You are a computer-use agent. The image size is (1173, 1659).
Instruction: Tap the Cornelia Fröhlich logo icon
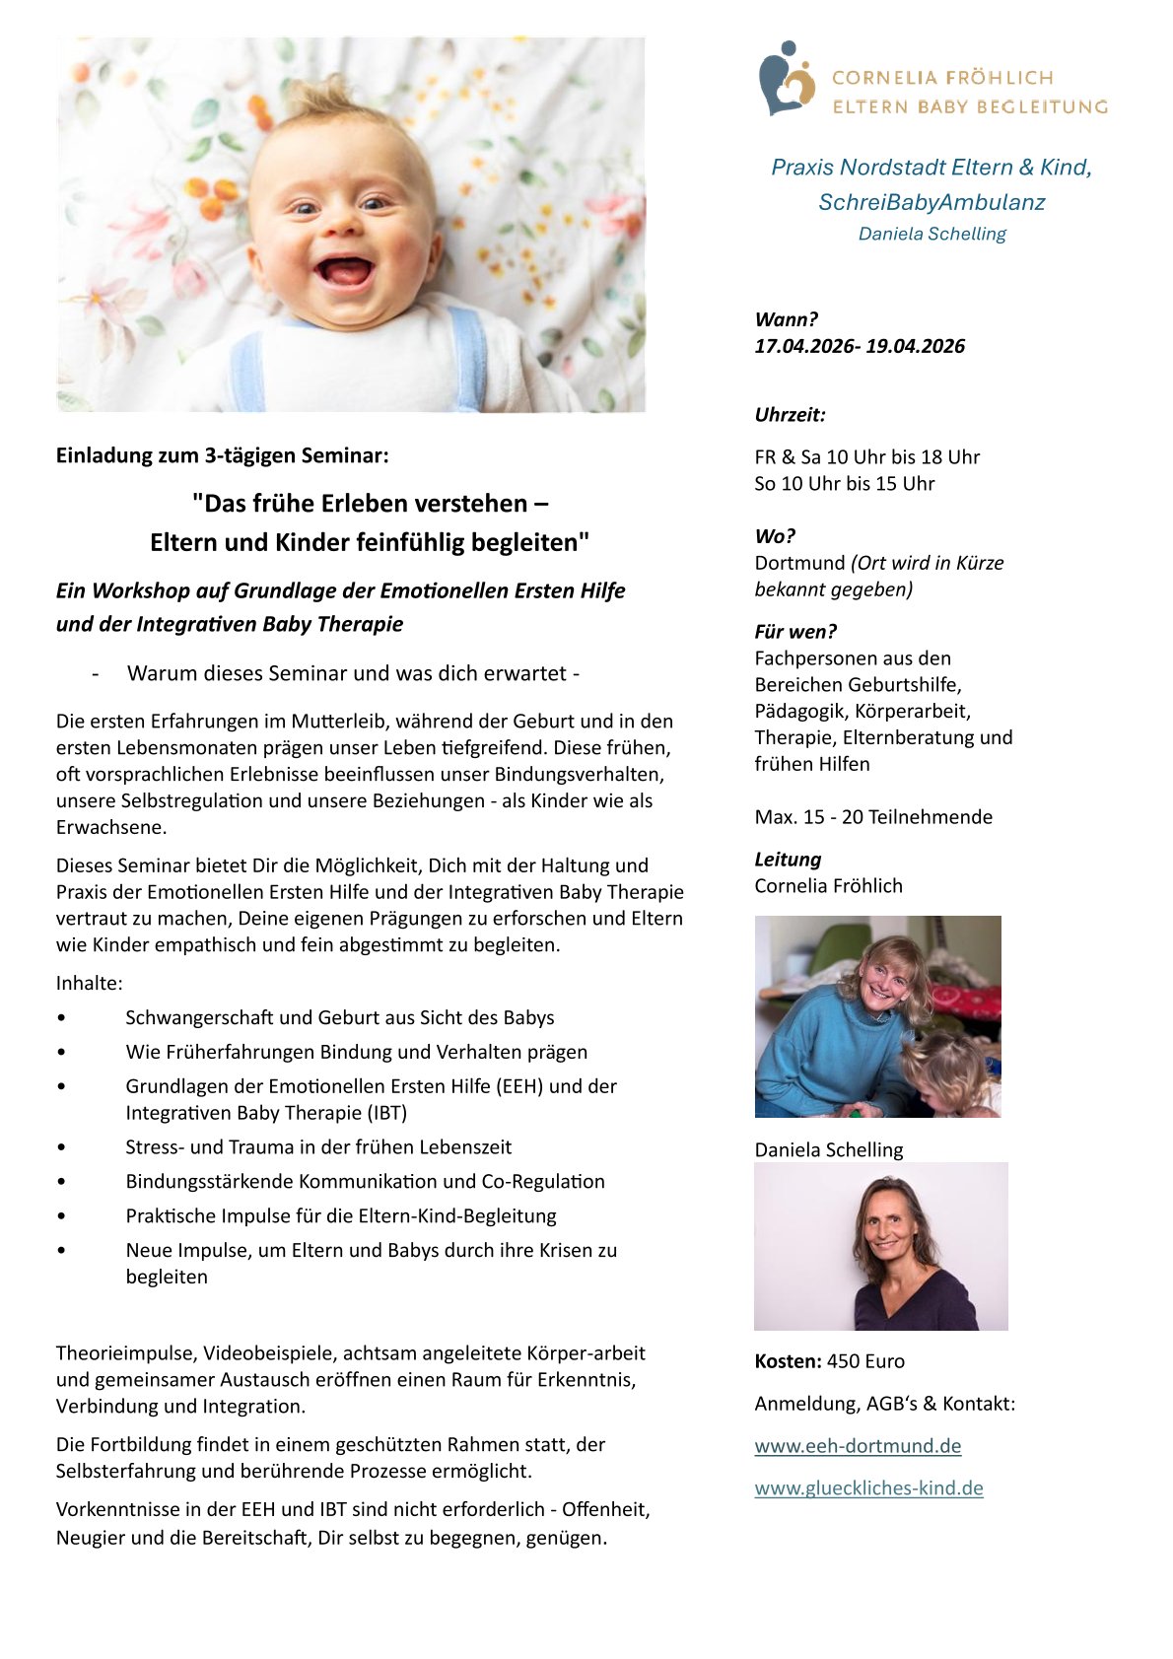pyautogui.click(x=787, y=79)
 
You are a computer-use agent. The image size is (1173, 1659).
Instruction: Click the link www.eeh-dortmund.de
pyautogui.click(x=858, y=1446)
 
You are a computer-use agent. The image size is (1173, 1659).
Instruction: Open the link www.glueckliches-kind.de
pyautogui.click(x=868, y=1488)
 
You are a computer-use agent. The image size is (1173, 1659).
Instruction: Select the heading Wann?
pyautogui.click(x=786, y=319)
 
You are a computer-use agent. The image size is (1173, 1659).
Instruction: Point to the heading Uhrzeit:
pyautogui.click(x=790, y=415)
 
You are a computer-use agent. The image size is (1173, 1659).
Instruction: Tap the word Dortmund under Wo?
pyautogui.click(x=799, y=563)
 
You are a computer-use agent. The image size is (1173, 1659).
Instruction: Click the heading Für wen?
pyautogui.click(x=795, y=632)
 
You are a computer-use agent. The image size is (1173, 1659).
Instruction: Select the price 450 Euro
pyautogui.click(x=865, y=1361)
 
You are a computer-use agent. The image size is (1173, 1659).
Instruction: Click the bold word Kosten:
pyautogui.click(x=788, y=1361)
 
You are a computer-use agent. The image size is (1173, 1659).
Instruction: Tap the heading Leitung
pyautogui.click(x=788, y=860)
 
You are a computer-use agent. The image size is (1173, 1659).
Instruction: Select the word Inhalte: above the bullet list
pyautogui.click(x=90, y=984)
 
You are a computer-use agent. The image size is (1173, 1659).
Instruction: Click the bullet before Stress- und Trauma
pyautogui.click(x=62, y=1147)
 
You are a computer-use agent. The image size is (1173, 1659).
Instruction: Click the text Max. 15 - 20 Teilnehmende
pyautogui.click(x=873, y=817)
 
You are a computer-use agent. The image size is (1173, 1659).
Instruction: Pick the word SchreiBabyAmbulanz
pyautogui.click(x=931, y=202)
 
